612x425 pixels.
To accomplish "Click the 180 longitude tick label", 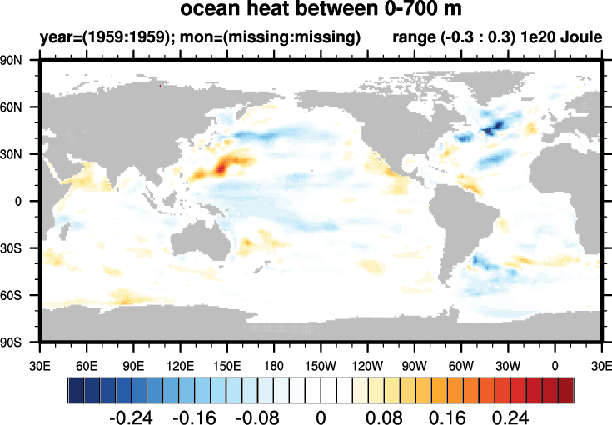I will [x=274, y=365].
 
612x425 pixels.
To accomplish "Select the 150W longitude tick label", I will [x=321, y=365].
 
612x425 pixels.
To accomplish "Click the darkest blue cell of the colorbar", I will [x=76, y=389].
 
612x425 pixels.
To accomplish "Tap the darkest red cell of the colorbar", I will [x=565, y=389].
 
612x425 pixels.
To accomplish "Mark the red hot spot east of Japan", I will [x=221, y=167].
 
